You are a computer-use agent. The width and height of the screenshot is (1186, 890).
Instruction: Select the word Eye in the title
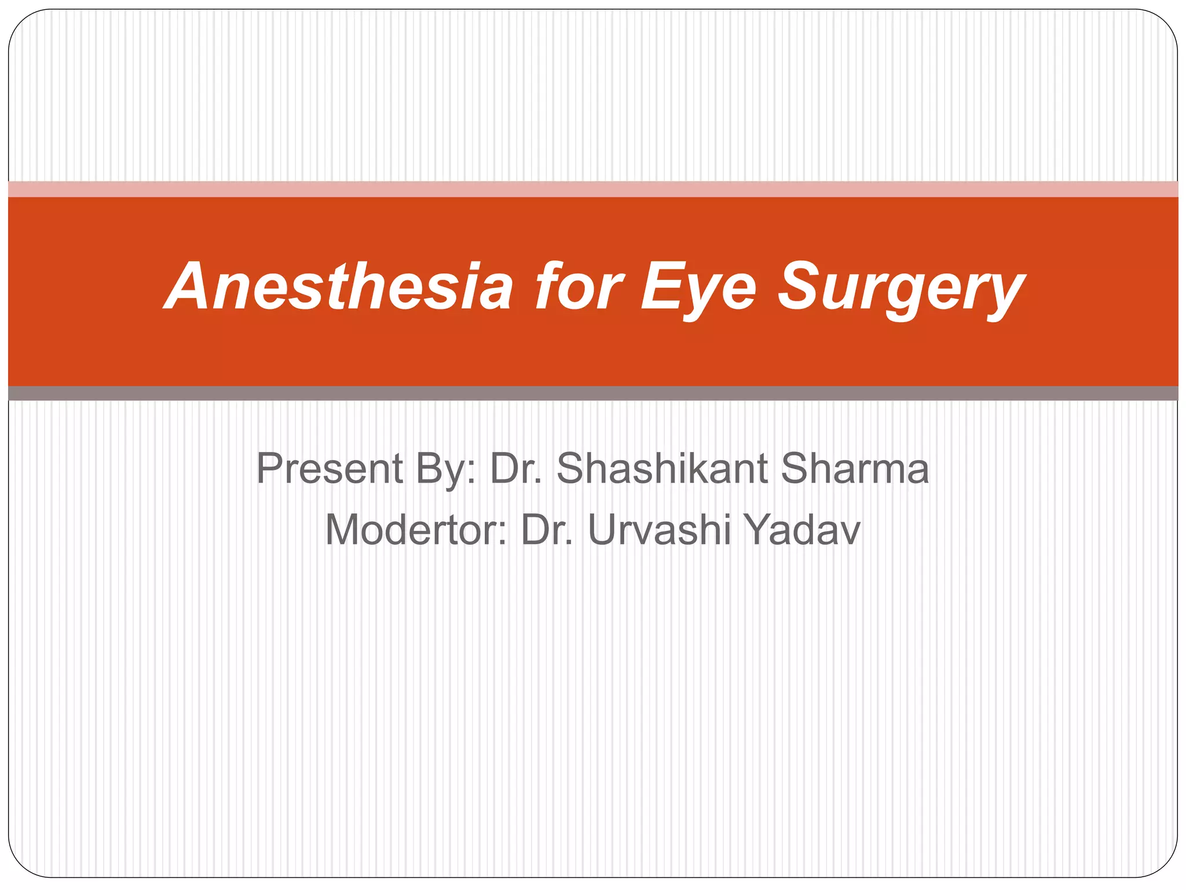tap(698, 287)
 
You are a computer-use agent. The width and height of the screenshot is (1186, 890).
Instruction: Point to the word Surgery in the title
tap(901, 287)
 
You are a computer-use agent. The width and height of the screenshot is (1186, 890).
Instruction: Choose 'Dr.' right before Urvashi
tap(547, 530)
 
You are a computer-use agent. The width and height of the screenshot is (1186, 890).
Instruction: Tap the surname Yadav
tap(802, 530)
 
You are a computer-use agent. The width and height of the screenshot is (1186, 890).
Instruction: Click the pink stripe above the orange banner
tap(593, 189)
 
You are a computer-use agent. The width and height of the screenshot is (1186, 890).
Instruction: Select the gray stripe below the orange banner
tap(593, 393)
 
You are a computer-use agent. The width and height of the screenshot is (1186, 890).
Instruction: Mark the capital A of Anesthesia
tap(188, 286)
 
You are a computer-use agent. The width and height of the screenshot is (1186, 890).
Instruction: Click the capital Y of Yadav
tap(758, 530)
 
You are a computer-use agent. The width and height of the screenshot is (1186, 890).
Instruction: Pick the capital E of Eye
tap(660, 286)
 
